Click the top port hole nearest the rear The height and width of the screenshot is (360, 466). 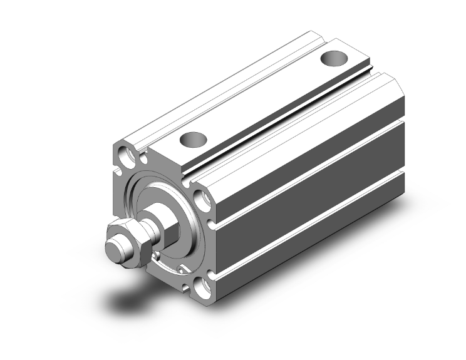(334, 59)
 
